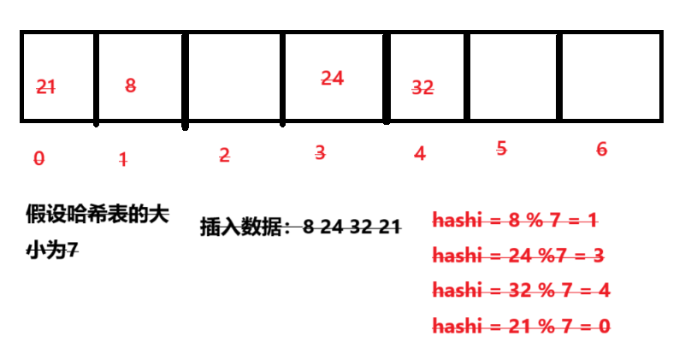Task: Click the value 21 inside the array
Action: (46, 86)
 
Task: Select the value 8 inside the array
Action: (130, 85)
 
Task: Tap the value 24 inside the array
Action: (332, 78)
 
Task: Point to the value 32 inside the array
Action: (422, 87)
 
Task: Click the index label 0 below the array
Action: (38, 158)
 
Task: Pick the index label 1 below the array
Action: (123, 158)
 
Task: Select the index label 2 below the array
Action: (224, 155)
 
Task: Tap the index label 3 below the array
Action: (320, 153)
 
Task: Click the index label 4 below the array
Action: (419, 154)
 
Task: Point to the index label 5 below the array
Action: (501, 148)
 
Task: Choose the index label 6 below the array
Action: (601, 149)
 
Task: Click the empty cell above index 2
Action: (234, 77)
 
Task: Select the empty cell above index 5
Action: (511, 77)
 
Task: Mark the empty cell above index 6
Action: (610, 77)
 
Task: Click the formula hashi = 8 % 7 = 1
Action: (515, 220)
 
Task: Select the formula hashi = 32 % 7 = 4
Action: (521, 290)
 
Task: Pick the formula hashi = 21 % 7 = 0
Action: (521, 325)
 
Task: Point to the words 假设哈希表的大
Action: (96, 215)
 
